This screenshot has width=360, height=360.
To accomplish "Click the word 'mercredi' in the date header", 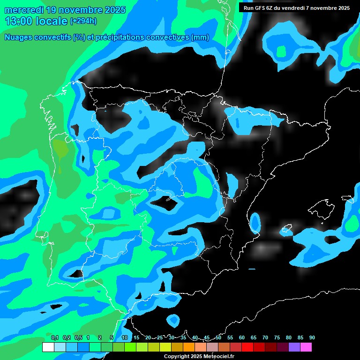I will (22, 10).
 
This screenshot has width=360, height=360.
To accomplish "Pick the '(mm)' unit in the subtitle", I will (200, 37).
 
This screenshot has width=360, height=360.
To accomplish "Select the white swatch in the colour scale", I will (48, 347).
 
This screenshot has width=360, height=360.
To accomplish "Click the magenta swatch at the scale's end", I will (306, 347).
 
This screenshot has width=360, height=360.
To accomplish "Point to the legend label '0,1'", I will (55, 338).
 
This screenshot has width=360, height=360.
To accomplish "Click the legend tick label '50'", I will (218, 338).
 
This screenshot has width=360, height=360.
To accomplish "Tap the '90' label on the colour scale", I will (312, 338).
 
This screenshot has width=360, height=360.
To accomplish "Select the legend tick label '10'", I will (124, 338).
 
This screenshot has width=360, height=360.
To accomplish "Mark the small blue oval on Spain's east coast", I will (255, 222).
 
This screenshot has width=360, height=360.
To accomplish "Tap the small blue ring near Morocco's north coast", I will (173, 320).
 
